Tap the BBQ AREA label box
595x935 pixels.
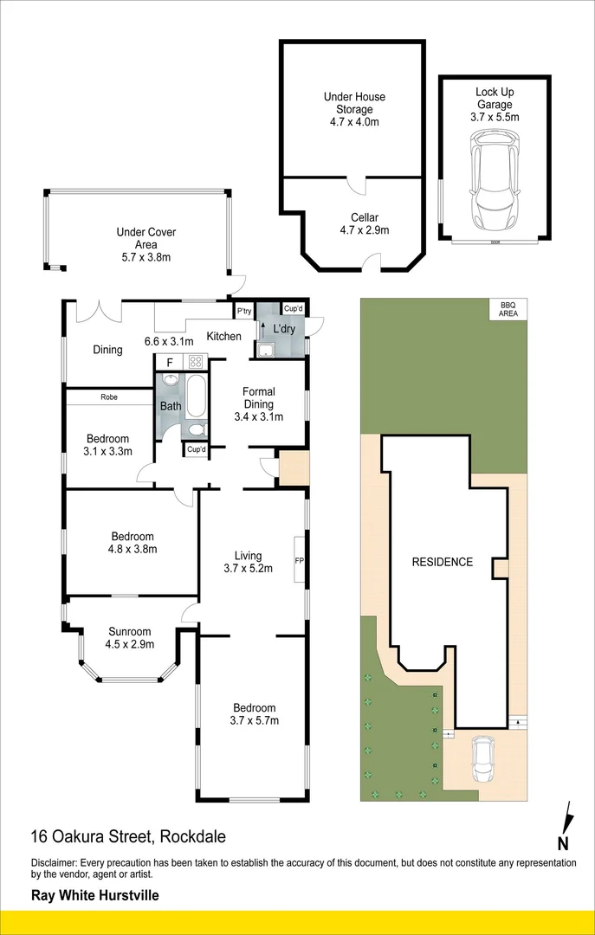click(506, 309)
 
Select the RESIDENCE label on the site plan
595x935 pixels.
click(442, 562)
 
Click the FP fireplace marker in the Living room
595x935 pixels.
click(299, 561)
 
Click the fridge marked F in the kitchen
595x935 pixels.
click(170, 363)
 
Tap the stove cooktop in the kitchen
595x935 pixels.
click(196, 363)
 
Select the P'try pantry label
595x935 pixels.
click(244, 311)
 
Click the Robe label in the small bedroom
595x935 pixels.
click(108, 397)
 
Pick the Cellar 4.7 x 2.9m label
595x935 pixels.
click(364, 223)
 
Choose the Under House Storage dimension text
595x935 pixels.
click(354, 122)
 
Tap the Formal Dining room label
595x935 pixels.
click(258, 404)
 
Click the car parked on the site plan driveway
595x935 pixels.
click(482, 759)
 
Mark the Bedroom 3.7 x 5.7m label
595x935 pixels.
click(253, 713)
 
